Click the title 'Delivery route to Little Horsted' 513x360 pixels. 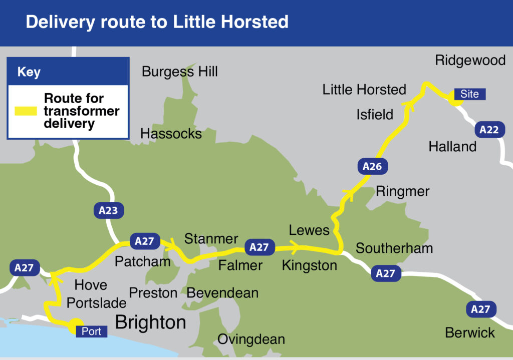click(x=157, y=22)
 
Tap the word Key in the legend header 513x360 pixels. click(x=29, y=72)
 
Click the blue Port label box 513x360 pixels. click(x=92, y=331)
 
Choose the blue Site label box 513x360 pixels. click(x=469, y=94)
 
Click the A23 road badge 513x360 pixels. click(x=108, y=210)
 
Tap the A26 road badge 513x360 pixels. click(x=372, y=167)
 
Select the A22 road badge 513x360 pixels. click(x=489, y=130)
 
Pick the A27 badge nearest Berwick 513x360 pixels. click(x=480, y=309)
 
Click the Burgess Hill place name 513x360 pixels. click(x=180, y=72)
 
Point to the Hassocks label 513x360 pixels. click(x=171, y=134)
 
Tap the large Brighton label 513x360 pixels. click(x=150, y=322)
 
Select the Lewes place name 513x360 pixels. click(x=309, y=230)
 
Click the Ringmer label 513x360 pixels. click(x=403, y=192)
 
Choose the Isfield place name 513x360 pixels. click(x=375, y=115)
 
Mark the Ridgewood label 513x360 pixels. click(x=470, y=61)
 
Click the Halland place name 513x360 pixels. click(x=452, y=147)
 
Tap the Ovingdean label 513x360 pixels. click(x=251, y=339)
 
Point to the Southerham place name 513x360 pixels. click(x=394, y=248)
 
